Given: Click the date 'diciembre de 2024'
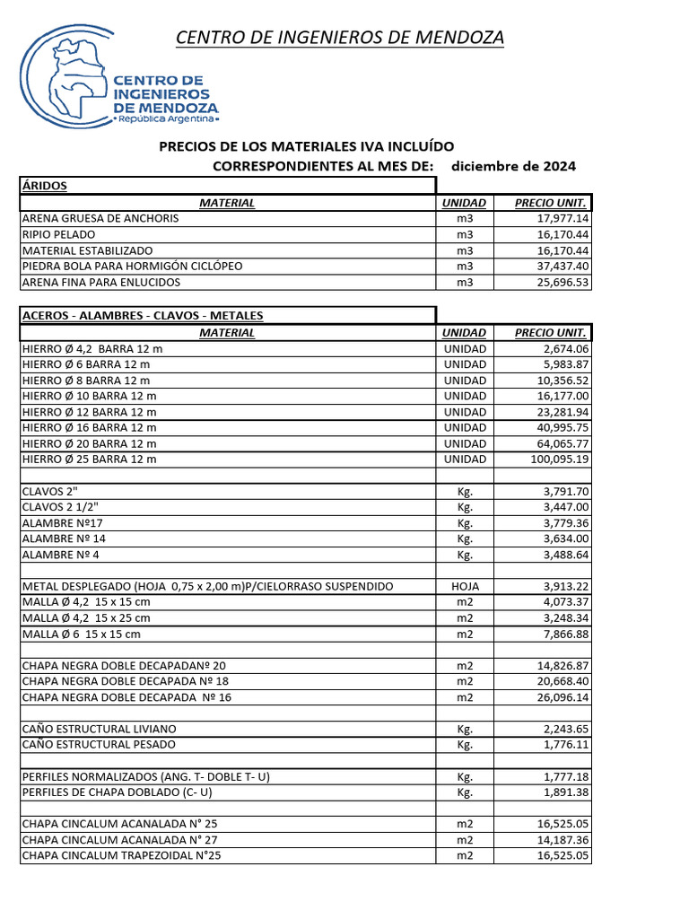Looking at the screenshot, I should pos(513,166).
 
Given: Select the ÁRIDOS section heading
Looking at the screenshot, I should pos(45,186).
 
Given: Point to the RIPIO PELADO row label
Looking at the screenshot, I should pos(60,235).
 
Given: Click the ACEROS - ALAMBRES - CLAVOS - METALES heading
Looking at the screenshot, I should pos(143,315).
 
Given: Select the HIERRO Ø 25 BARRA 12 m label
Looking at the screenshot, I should pos(89,459).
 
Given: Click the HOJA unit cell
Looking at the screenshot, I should pos(464,586).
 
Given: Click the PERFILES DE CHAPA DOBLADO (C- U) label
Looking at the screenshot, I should pos(117,792).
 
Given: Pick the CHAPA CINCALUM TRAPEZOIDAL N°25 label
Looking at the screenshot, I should pos(121,855).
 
